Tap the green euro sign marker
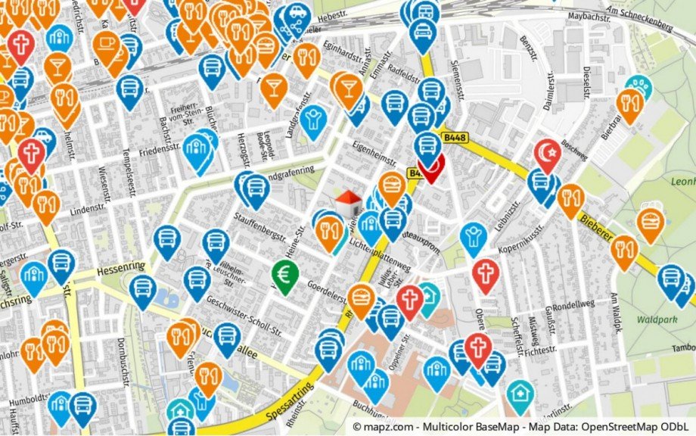point(285,276)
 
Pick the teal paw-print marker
point(640,87)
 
